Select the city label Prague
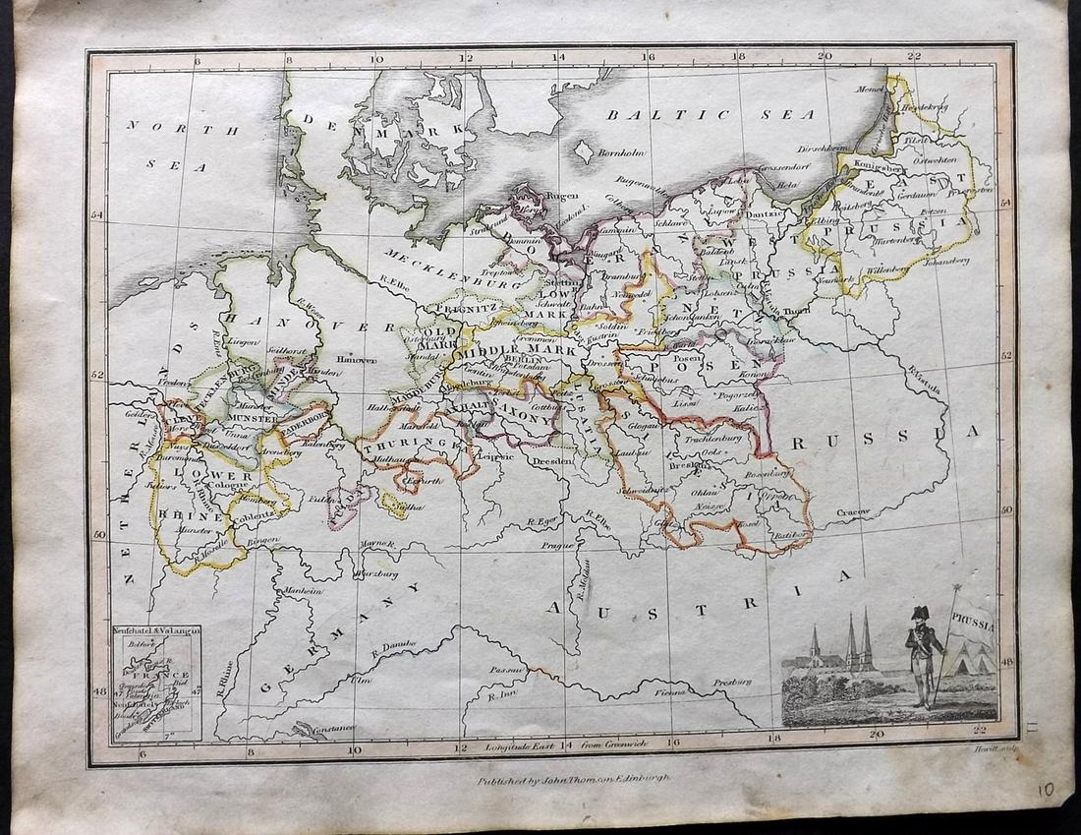point(556,545)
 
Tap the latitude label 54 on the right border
point(1005,204)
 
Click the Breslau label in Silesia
point(682,465)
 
